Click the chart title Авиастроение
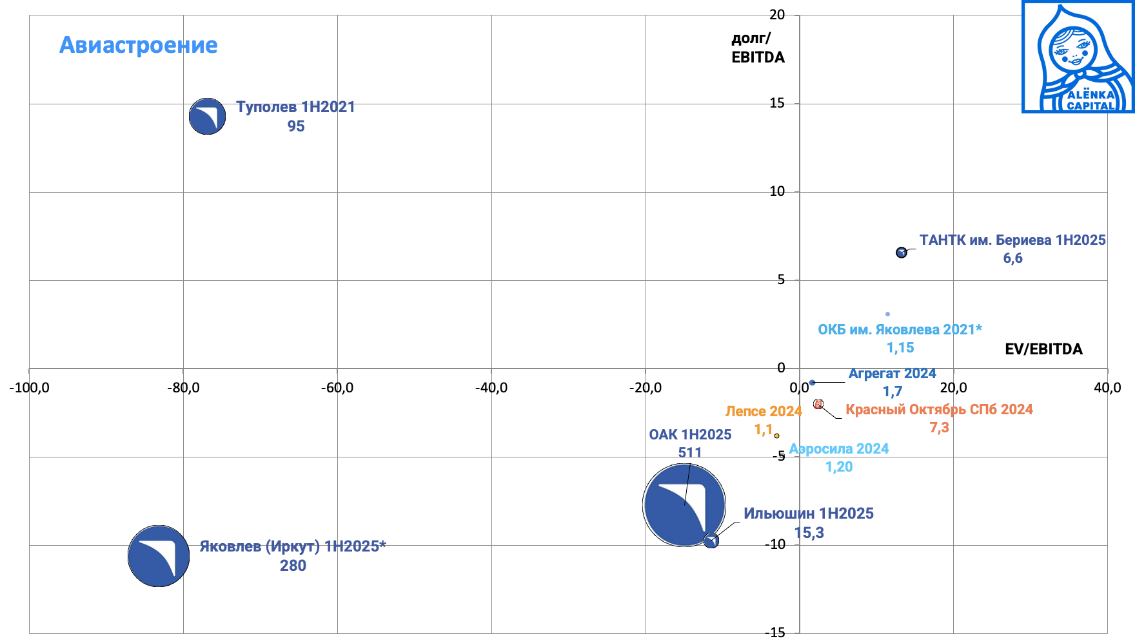pyautogui.click(x=139, y=45)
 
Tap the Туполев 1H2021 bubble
pyautogui.click(x=207, y=117)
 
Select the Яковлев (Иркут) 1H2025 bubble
pyautogui.click(x=159, y=556)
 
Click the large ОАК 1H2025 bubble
pyautogui.click(x=684, y=505)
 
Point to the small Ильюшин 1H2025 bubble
pyautogui.click(x=711, y=541)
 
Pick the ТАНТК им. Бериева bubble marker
pyautogui.click(x=902, y=253)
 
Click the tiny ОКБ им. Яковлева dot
pyautogui.click(x=887, y=314)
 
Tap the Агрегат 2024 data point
pyautogui.click(x=812, y=383)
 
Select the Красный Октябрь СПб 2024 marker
pyautogui.click(x=818, y=404)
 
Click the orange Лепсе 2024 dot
pyautogui.click(x=776, y=436)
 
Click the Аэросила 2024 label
pyautogui.click(x=839, y=449)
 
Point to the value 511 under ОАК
pyautogui.click(x=690, y=452)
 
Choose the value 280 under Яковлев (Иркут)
pyautogui.click(x=293, y=566)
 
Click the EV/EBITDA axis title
pyautogui.click(x=1043, y=349)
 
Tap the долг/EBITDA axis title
pyautogui.click(x=758, y=48)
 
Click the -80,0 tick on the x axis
pyautogui.click(x=183, y=388)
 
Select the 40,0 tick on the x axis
pyautogui.click(x=1107, y=388)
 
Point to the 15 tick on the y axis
pyautogui.click(x=777, y=103)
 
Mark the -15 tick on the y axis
pyautogui.click(x=775, y=633)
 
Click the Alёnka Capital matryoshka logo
pyautogui.click(x=1078, y=57)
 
